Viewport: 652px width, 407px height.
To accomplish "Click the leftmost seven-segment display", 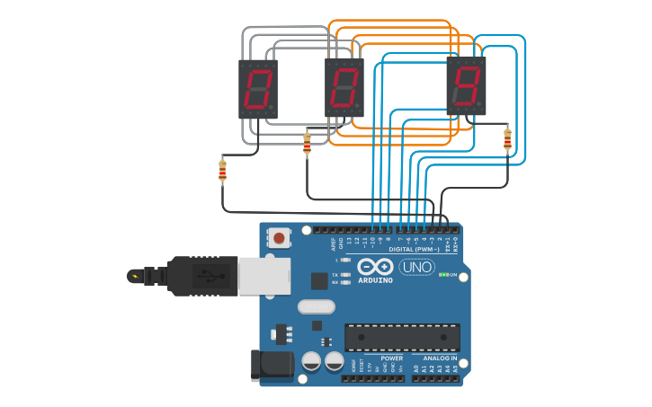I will click(x=257, y=89).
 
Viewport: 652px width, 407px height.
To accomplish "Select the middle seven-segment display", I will click(x=344, y=88).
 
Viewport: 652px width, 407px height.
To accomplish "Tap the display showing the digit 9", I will click(x=466, y=85).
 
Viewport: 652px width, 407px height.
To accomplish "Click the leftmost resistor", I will click(x=222, y=170).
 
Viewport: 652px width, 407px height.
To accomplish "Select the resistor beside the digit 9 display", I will click(x=507, y=139).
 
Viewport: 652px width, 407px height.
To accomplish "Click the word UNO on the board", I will click(x=417, y=268).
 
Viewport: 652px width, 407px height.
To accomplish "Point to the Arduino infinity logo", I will click(x=375, y=267).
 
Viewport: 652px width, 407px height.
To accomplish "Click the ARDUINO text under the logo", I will click(x=375, y=280).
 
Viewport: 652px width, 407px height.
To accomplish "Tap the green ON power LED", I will click(x=444, y=274).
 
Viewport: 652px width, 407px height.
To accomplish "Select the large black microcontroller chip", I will click(x=402, y=337).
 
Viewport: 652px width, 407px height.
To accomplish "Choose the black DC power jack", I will click(x=272, y=364).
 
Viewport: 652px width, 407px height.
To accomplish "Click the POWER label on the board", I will click(x=391, y=358).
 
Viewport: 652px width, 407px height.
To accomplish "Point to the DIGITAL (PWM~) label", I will click(x=414, y=249).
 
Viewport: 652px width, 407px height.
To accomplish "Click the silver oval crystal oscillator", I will click(x=317, y=306).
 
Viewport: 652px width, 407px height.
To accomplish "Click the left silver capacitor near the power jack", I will click(x=311, y=361).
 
